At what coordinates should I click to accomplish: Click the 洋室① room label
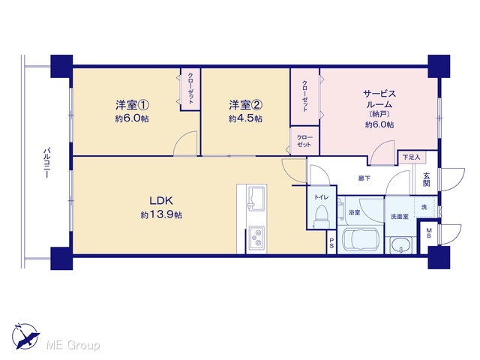point(132,105)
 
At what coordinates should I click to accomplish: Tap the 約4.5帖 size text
point(245,118)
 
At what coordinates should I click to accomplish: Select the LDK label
point(161,201)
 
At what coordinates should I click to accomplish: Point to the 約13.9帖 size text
point(161,215)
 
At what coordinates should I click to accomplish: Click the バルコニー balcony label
point(46,163)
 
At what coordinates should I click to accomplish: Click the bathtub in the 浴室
point(361,240)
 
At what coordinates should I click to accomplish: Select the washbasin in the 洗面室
point(401,245)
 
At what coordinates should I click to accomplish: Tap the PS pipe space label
point(331,242)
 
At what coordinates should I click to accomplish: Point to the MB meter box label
point(429,233)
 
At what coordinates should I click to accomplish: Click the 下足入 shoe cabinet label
point(412,157)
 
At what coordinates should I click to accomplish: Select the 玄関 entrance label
point(427,179)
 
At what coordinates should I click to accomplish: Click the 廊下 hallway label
point(364,178)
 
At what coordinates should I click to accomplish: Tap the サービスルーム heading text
point(379,98)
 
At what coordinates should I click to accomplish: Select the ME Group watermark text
point(73,345)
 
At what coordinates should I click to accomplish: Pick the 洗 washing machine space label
point(424,207)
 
